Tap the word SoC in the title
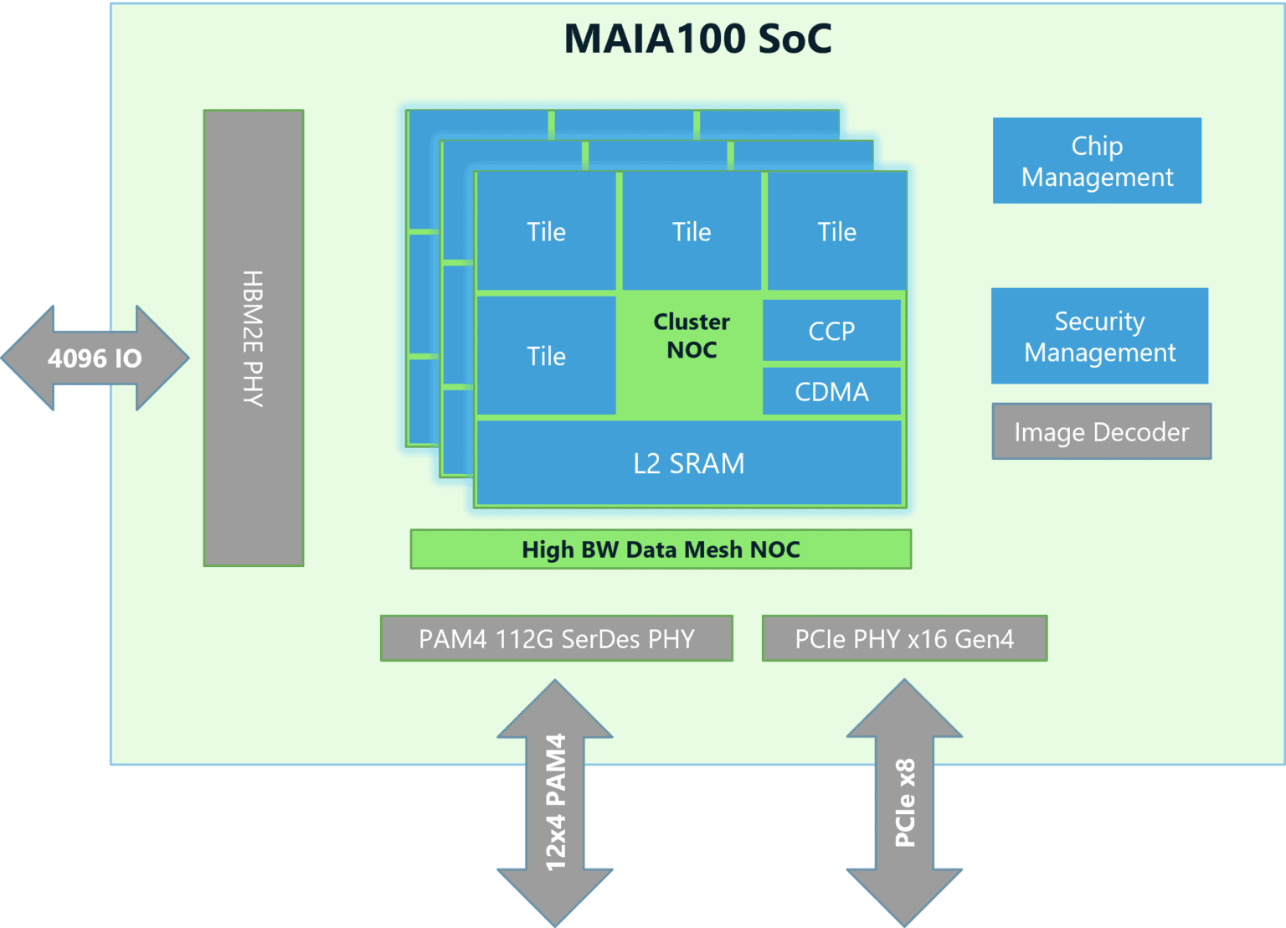pyautogui.click(x=795, y=39)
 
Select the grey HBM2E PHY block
pyautogui.click(x=254, y=338)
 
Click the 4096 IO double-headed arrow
pyautogui.click(x=95, y=358)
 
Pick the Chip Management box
pyautogui.click(x=1097, y=161)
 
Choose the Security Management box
pyautogui.click(x=1099, y=336)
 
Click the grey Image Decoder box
pyautogui.click(x=1101, y=432)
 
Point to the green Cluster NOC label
pyautogui.click(x=692, y=336)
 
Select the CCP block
pyautogui.click(x=831, y=331)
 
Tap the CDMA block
pyautogui.click(x=831, y=391)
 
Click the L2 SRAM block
pyautogui.click(x=688, y=463)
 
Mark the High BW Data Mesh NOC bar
pyautogui.click(x=661, y=549)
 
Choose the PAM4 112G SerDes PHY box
pyautogui.click(x=557, y=639)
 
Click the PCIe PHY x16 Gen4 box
pyautogui.click(x=904, y=639)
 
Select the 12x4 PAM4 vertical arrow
pyautogui.click(x=555, y=802)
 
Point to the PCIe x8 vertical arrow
pyautogui.click(x=904, y=802)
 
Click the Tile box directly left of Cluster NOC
pyautogui.click(x=546, y=356)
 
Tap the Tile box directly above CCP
pyautogui.click(x=836, y=232)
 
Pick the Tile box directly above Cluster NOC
pyautogui.click(x=692, y=232)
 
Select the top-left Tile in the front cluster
pyautogui.click(x=546, y=232)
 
